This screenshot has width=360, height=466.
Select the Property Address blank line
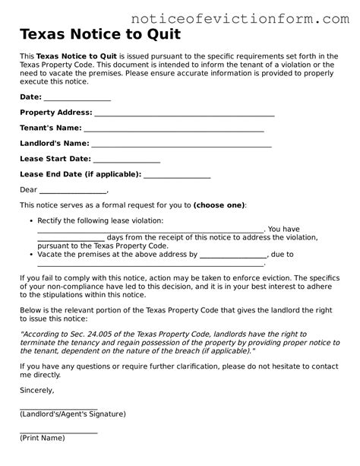click(184, 113)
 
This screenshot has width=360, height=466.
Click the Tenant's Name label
click(50, 128)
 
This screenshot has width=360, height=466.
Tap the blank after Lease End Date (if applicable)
click(177, 175)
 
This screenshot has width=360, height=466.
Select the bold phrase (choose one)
click(219, 205)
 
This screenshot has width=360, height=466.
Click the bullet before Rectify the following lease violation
click(28, 221)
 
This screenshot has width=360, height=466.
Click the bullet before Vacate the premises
click(28, 255)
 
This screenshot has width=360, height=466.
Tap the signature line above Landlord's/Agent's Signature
click(58, 408)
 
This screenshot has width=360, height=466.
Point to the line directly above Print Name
click(58, 433)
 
